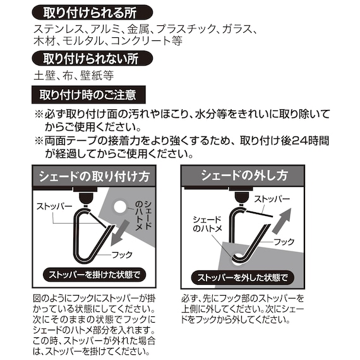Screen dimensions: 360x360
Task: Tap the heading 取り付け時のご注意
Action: [x=88, y=95]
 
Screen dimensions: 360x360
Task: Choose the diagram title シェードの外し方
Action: [x=244, y=175]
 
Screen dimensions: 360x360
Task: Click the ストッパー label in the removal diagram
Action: [x=272, y=198]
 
